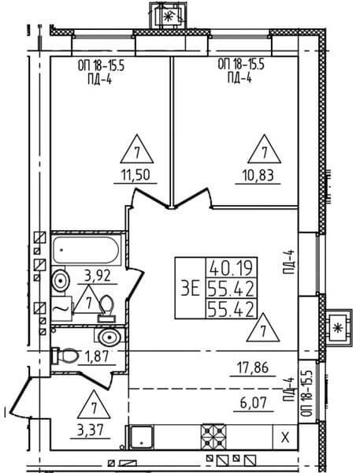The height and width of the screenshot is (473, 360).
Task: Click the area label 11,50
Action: [135, 175]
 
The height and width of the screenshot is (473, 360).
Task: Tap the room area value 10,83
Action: [258, 176]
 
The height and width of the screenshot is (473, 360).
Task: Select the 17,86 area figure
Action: [253, 368]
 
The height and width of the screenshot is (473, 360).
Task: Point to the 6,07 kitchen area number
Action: [254, 403]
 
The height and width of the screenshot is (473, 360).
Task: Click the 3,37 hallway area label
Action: [90, 430]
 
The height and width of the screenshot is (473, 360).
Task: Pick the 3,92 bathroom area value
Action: [97, 276]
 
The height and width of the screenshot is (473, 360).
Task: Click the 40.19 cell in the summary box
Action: [232, 268]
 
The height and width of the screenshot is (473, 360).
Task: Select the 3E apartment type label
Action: [191, 288]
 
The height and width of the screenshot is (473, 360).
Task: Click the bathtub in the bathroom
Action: [86, 250]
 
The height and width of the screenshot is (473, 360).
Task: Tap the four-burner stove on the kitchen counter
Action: [213, 437]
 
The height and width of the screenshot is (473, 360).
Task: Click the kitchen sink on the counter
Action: [142, 438]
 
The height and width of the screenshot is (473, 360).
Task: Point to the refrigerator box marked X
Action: [285, 437]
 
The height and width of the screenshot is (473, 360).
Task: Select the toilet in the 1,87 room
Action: [65, 356]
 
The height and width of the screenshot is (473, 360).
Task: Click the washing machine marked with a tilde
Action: [61, 308]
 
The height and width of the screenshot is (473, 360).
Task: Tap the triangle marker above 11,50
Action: [137, 149]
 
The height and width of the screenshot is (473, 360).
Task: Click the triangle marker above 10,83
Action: [265, 149]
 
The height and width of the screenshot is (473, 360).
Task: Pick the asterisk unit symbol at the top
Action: [168, 17]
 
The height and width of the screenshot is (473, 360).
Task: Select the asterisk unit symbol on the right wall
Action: [338, 328]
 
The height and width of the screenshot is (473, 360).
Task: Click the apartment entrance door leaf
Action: [20, 395]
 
